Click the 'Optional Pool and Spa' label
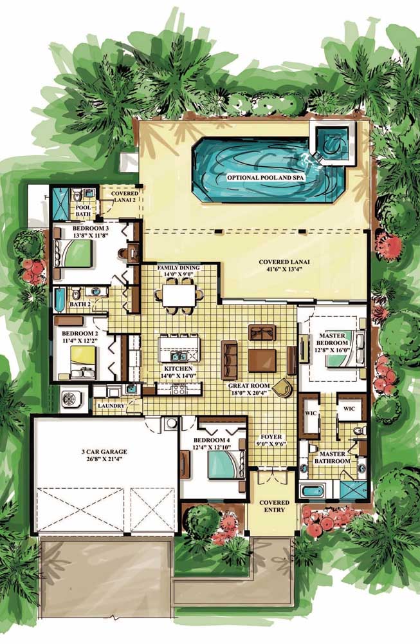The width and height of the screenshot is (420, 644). coord(266,178)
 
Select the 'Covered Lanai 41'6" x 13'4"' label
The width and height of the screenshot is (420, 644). coord(284,265)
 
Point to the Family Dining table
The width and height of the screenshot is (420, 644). coord(179,296)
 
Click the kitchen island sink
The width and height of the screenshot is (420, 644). coord(178,355)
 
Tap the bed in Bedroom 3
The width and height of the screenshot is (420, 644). coord(73,254)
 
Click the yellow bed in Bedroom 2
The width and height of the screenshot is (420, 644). coord(83,362)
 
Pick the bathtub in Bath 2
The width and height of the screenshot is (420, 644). coord(60,300)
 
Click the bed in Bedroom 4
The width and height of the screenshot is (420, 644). coord(226,464)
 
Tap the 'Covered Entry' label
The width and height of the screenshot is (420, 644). coord(275,506)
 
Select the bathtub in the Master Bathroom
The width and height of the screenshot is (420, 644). coord(313,490)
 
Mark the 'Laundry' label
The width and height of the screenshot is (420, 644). coord(111,405)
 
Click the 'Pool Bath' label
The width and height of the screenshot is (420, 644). coord(83,211)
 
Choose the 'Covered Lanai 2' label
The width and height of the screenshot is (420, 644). coord(125,196)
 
